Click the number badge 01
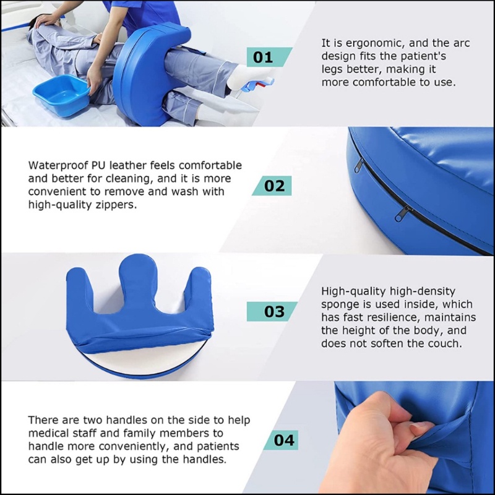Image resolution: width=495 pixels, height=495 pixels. (x=269, y=57)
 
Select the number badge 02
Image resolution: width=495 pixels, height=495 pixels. (x=272, y=186)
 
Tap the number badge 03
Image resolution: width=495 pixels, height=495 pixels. (x=272, y=312)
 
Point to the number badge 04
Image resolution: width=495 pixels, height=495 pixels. (x=281, y=440)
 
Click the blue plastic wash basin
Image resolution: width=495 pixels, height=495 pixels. (x=61, y=95)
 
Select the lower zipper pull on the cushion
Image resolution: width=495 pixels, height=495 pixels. (x=401, y=213)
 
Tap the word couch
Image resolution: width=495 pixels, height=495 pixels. (x=445, y=343)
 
